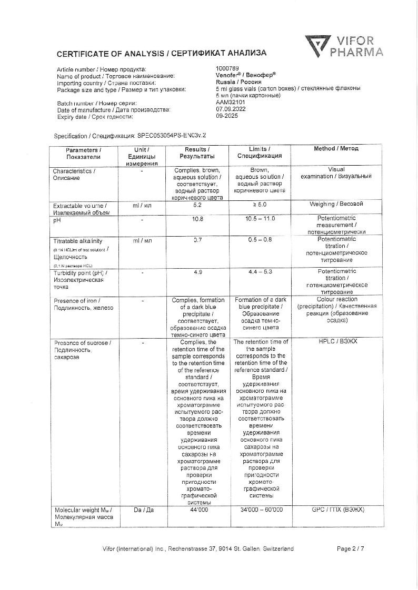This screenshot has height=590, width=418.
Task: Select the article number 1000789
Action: tap(227, 69)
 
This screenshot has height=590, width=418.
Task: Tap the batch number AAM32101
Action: tap(227, 103)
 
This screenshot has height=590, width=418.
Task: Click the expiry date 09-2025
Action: tap(226, 116)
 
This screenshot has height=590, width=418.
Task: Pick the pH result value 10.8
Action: tap(197, 218)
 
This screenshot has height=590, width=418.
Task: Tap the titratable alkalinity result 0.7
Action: tap(197, 240)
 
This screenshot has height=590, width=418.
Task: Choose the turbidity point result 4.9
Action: tap(197, 272)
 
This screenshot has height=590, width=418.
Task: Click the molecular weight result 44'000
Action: tap(197, 510)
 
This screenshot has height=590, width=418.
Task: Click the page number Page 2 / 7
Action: tap(351, 549)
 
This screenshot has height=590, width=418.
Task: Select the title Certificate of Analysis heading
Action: tap(162, 53)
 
